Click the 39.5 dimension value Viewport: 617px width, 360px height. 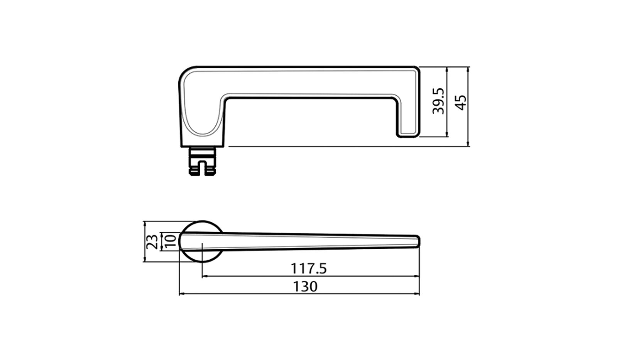[x=439, y=101]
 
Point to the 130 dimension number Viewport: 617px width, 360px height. [x=305, y=287]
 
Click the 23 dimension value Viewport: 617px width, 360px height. [x=153, y=242]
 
